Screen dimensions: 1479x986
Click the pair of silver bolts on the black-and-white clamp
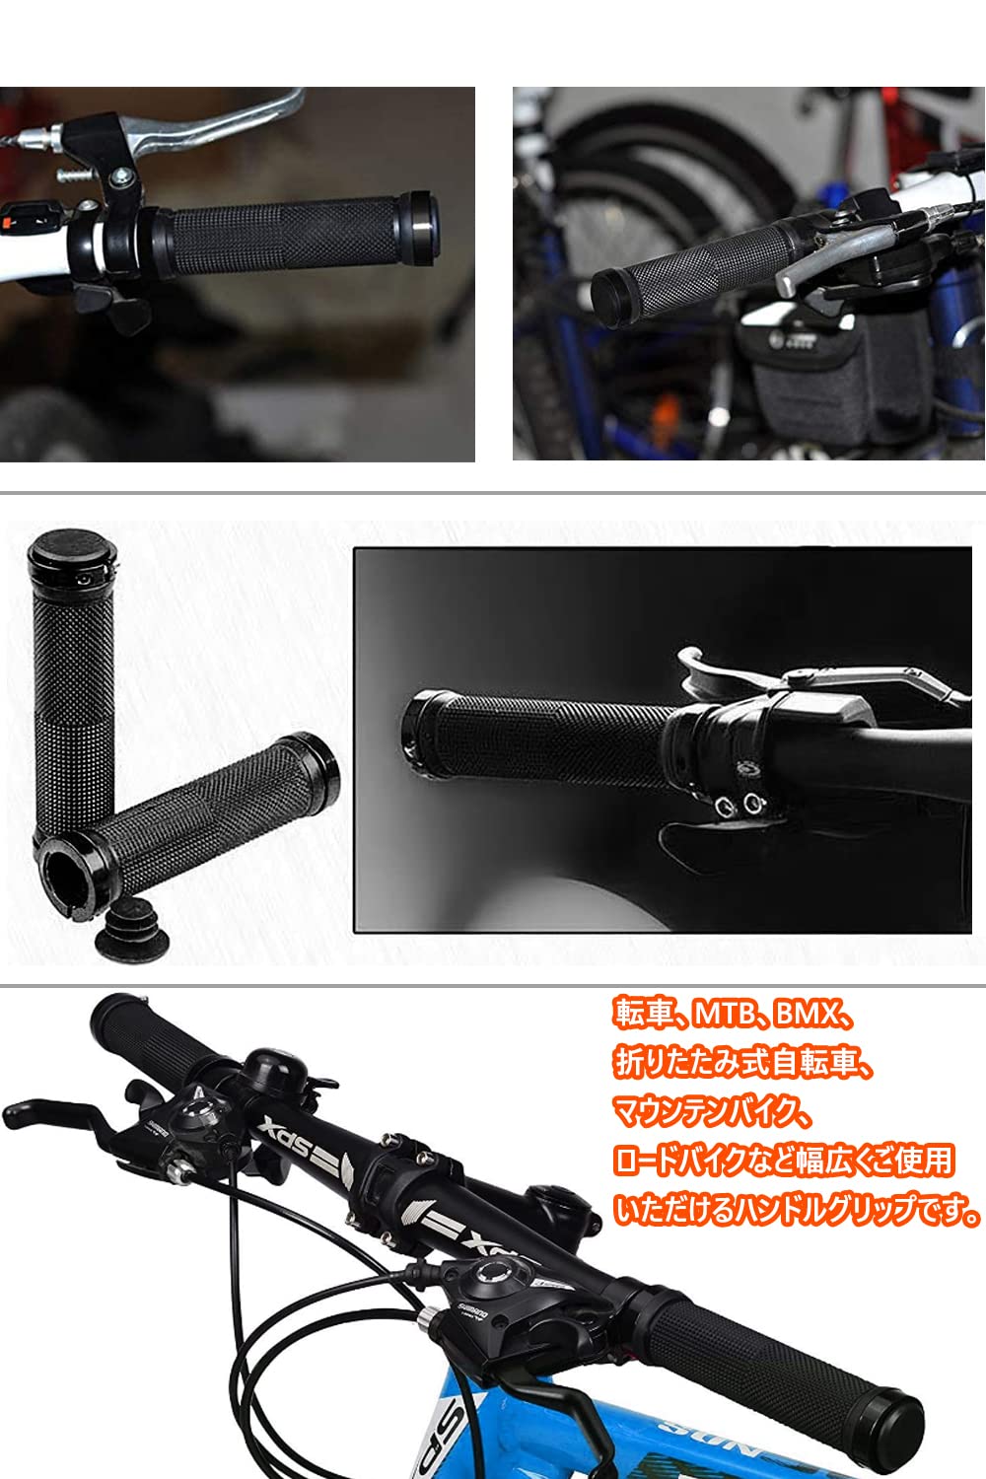pos(739,804)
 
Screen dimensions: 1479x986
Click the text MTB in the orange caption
pos(724,1014)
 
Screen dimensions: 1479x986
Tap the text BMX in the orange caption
pos(807,1014)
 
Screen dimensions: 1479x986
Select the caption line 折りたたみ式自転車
pos(743,1063)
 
